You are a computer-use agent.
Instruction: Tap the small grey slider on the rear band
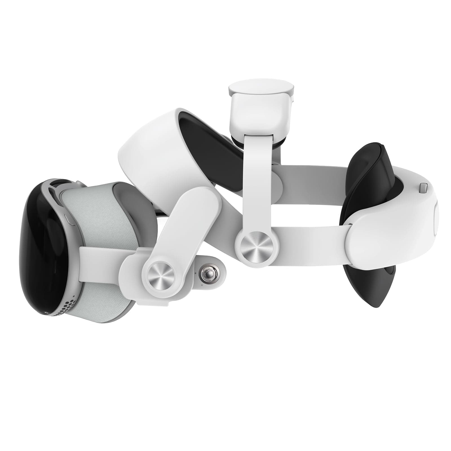[x=423, y=188]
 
